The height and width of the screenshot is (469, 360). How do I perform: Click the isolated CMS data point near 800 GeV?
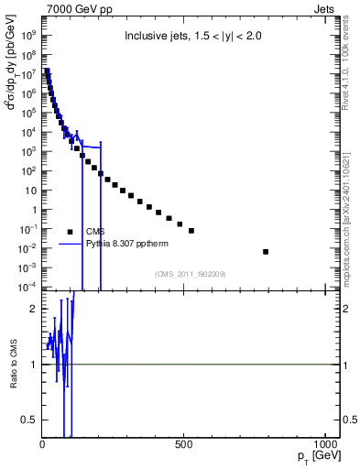pos(266,251)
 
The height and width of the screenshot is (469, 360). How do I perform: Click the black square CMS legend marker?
pos(71,232)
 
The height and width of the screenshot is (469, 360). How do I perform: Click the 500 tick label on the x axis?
pos(184,445)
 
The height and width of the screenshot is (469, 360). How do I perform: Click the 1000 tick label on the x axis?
pos(324,445)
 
